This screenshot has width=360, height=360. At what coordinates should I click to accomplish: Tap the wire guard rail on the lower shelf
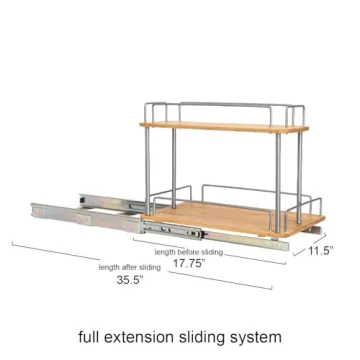[x=250, y=190]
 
